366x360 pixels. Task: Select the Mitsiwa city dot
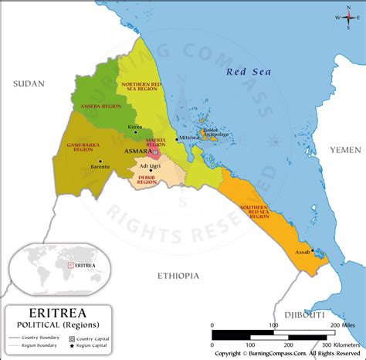177,138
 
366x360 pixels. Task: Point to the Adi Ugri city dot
151,170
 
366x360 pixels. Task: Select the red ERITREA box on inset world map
71,265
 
